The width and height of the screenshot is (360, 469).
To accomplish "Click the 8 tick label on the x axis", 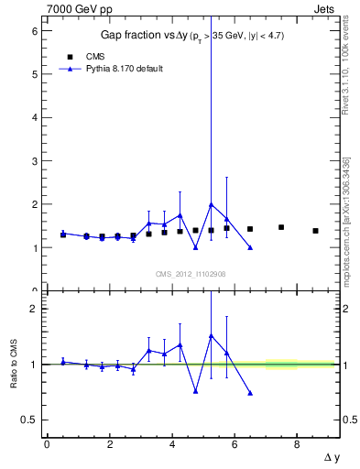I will click(297, 444).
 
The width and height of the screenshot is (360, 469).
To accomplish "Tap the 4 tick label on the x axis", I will click(171, 444).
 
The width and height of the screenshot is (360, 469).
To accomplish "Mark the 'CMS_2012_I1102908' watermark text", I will click(191, 274).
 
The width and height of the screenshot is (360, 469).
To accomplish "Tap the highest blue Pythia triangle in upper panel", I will click(212, 204).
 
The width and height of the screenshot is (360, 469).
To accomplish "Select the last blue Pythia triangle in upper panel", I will click(250, 247).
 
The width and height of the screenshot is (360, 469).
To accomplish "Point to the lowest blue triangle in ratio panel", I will click(250, 392).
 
